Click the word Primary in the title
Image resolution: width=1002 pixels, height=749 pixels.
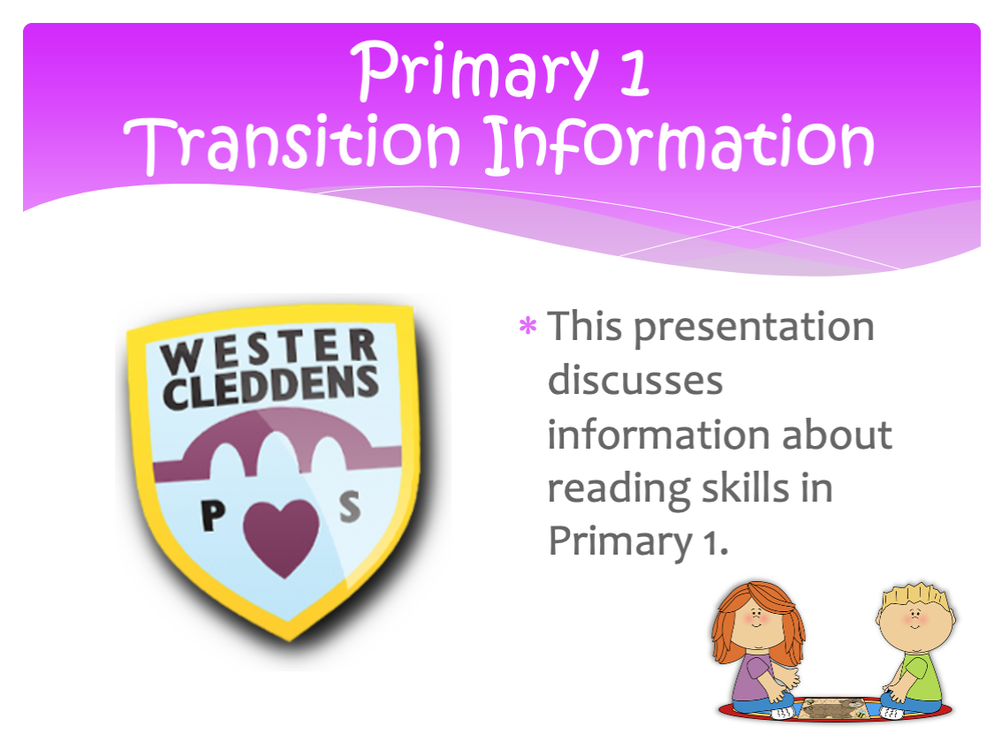point(474,71)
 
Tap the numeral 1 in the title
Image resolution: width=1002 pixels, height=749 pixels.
point(634,72)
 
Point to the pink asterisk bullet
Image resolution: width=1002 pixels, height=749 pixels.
point(528,326)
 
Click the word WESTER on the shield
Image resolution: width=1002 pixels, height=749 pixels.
point(269,350)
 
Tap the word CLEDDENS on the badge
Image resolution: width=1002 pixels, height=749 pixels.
point(270,387)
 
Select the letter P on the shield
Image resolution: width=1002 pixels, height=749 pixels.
point(213,515)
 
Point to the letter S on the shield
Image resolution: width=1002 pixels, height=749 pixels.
point(350,507)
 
